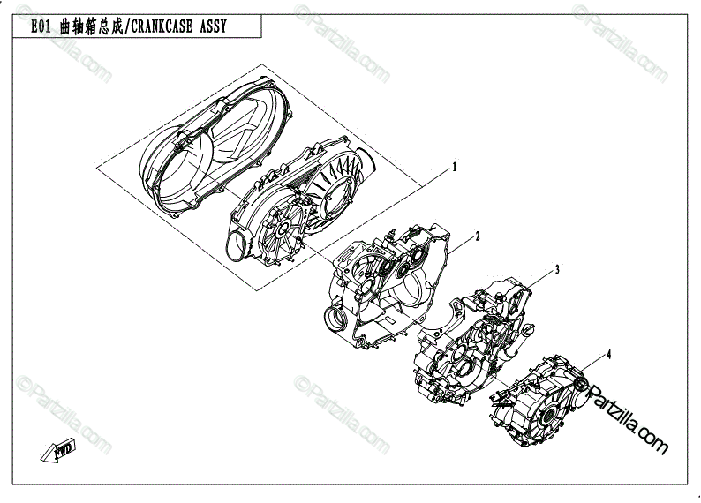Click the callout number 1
pos(456,166)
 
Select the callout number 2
pos(478,236)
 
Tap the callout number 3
pos(557,268)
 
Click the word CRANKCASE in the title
pos(159,26)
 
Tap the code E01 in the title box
pos(40,26)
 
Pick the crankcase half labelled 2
pos(388,282)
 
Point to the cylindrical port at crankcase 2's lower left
pos(336,316)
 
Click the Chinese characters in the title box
pos(91,26)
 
